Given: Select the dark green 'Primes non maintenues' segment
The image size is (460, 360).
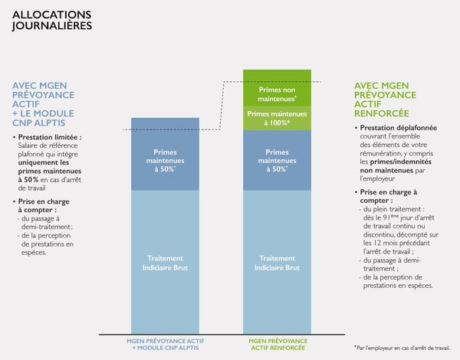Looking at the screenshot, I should (277, 87).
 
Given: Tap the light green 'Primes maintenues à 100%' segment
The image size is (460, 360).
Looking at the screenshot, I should (277, 118).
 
